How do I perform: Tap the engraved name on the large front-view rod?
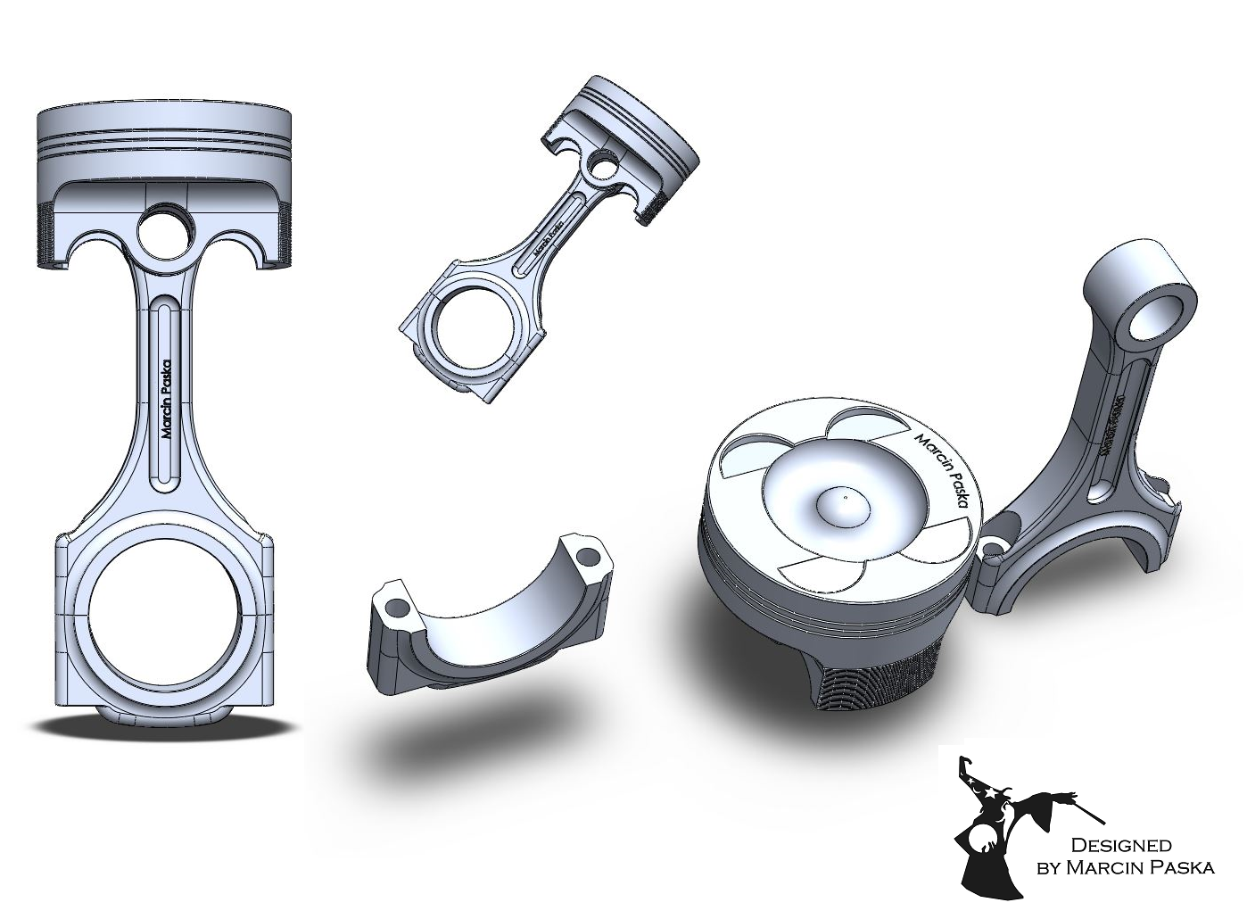click(x=165, y=398)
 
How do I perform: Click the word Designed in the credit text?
click(x=1119, y=845)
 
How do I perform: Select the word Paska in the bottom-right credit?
click(x=1180, y=867)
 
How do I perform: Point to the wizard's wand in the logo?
click(x=1084, y=808)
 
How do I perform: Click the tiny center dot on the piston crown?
click(x=844, y=492)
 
